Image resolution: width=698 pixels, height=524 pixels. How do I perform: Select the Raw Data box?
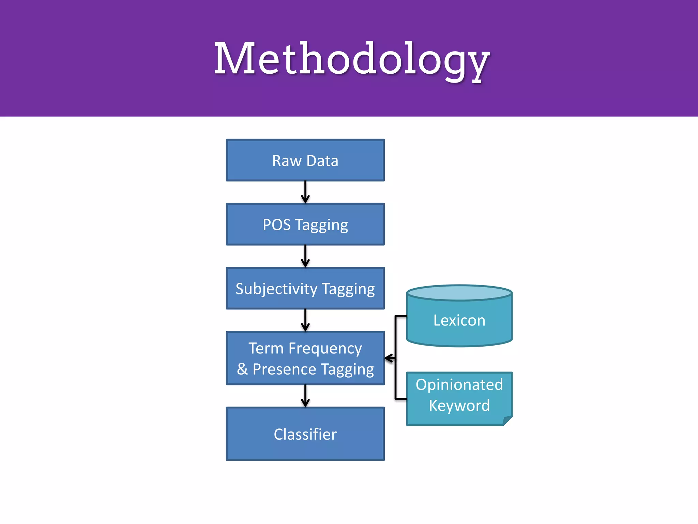coord(305,160)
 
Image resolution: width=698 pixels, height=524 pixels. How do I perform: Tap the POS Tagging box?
coord(305,224)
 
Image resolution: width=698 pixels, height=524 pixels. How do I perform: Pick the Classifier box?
coord(305,434)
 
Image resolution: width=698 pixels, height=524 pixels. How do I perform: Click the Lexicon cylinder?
coord(459,321)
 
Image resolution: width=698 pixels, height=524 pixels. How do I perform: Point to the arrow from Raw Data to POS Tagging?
coord(305,192)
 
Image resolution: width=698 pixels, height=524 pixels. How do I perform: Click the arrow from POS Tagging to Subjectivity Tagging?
coord(305,256)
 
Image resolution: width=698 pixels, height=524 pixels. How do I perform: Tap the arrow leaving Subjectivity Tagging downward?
coord(305,320)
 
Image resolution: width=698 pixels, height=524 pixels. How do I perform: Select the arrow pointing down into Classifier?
coord(305,396)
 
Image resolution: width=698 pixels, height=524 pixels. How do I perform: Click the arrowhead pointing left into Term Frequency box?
coord(388,358)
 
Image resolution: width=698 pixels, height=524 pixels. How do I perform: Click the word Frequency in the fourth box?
coord(325,349)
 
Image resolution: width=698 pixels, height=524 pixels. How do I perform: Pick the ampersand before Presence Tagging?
coord(242,369)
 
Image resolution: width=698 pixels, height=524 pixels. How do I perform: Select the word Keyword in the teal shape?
coord(459,406)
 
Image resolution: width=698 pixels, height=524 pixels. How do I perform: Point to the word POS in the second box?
coord(276,225)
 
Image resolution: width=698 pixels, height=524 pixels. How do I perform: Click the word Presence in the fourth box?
coord(284,369)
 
